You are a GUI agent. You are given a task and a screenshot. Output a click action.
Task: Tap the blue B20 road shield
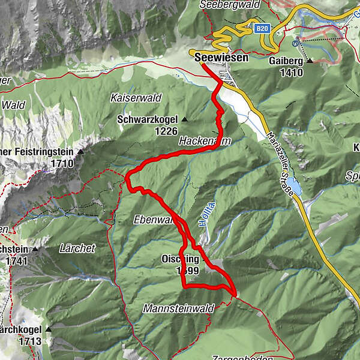(x=261, y=28)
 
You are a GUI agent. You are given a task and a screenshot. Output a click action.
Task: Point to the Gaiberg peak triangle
(x=310, y=61)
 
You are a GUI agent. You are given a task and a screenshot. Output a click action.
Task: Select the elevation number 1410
(x=291, y=73)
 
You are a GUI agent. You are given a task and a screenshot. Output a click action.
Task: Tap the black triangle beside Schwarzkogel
(x=184, y=120)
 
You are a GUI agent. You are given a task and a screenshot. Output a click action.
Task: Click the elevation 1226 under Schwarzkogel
(x=166, y=130)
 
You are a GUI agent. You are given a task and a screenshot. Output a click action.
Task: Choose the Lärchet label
(x=77, y=247)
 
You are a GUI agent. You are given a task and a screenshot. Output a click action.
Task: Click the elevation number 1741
(x=17, y=261)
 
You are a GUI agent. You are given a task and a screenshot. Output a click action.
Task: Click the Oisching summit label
(x=180, y=259)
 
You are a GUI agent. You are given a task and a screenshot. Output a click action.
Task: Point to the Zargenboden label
(x=235, y=357)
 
